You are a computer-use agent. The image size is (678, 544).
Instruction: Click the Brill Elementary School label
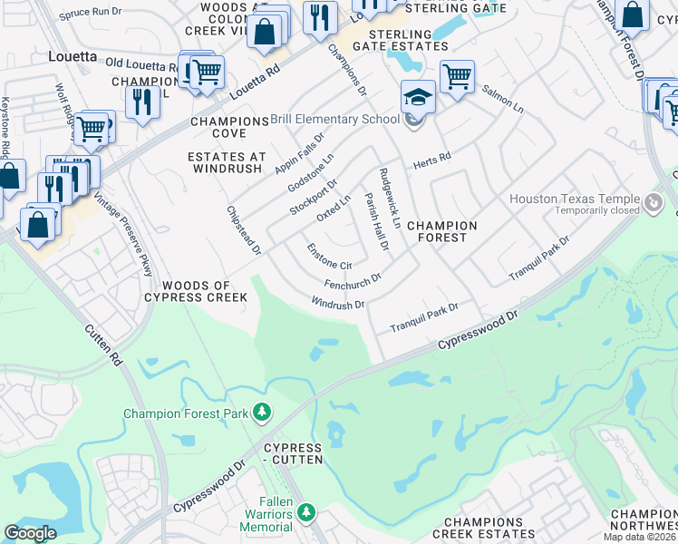(335, 119)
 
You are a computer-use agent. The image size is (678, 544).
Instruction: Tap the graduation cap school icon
(418, 96)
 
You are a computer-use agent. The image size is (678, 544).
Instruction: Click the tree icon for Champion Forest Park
(262, 413)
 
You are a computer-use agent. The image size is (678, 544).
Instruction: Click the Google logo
(30, 533)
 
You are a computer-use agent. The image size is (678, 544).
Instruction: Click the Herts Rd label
(431, 160)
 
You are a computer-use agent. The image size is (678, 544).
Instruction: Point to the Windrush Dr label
(337, 303)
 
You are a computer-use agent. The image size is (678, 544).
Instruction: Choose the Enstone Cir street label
(328, 257)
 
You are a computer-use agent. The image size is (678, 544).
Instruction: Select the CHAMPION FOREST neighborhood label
(441, 231)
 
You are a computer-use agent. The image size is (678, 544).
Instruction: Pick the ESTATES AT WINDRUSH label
(227, 162)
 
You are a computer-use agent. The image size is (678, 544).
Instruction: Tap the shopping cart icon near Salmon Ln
(456, 75)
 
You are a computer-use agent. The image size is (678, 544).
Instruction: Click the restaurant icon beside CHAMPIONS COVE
(141, 101)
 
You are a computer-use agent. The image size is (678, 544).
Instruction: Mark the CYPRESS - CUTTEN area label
(292, 454)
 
